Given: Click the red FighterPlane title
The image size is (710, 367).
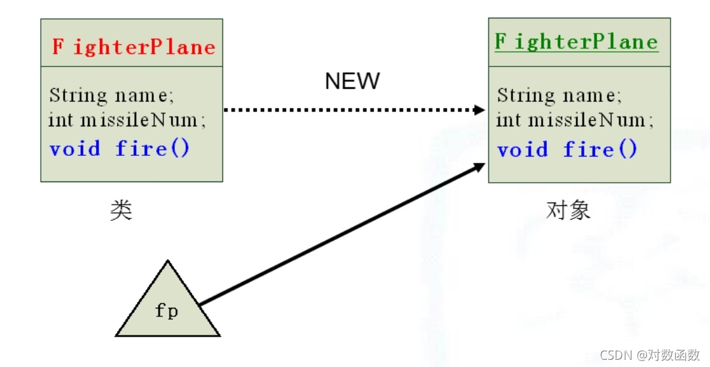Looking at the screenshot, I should (x=133, y=47).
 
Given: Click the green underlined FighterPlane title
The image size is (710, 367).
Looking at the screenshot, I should (x=576, y=42).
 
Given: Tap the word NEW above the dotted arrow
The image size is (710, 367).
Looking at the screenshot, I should (x=352, y=81).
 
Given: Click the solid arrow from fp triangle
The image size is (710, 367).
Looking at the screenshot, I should (x=342, y=234).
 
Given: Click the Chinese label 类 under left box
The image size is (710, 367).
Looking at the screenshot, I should (x=121, y=211).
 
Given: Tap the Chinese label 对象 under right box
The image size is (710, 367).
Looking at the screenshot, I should (x=569, y=210).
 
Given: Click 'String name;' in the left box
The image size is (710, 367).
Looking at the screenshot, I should (x=112, y=96).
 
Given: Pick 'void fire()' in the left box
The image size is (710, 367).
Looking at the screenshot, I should (x=120, y=148).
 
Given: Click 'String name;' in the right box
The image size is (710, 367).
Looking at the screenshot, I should (x=559, y=96).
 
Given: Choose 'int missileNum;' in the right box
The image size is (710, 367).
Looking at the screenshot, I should (x=575, y=120).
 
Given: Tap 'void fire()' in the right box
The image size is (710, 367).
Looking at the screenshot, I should (x=567, y=149).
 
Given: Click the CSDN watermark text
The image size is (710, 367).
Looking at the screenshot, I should (x=650, y=355).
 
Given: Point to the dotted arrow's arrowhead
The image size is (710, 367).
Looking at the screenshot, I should (x=480, y=109).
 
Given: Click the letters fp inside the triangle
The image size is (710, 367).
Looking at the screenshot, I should (x=167, y=310).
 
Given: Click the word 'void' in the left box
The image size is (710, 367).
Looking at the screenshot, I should (x=75, y=148).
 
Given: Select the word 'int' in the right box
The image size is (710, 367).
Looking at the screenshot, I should (x=509, y=120).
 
